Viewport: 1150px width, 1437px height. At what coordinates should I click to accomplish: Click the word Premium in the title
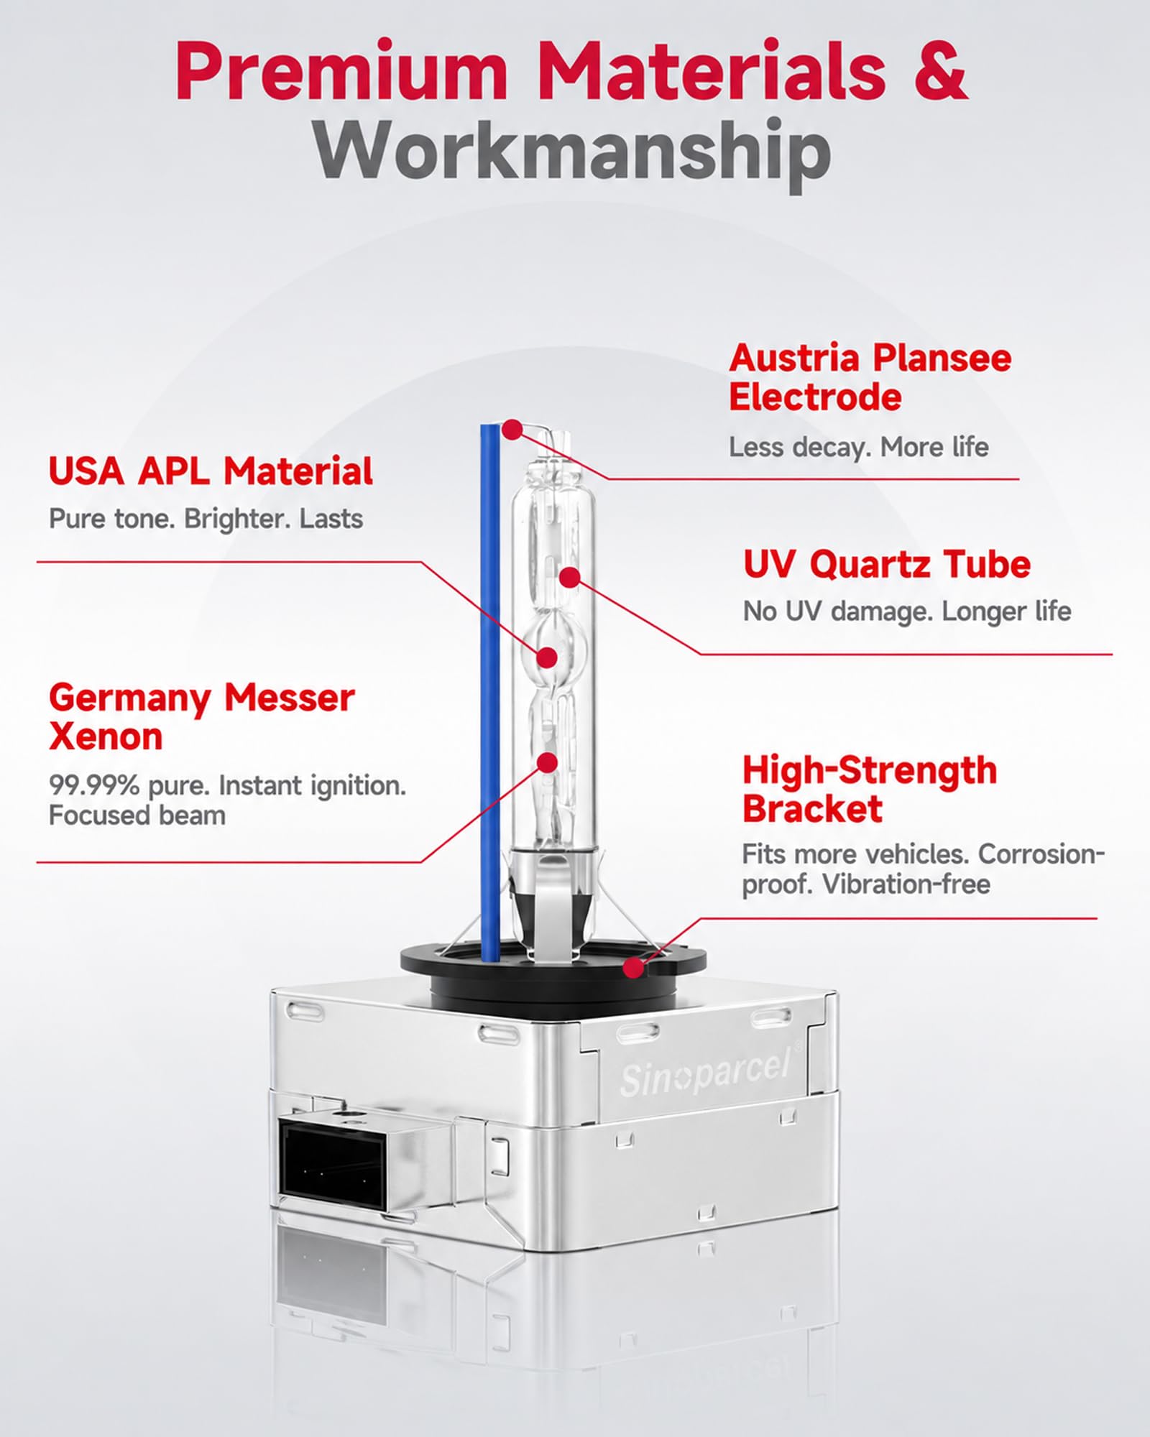point(341,72)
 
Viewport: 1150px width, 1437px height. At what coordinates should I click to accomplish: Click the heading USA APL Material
point(211,471)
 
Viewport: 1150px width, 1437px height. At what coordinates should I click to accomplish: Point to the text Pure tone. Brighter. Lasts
point(206,519)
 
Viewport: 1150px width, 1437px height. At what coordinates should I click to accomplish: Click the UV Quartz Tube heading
point(886,565)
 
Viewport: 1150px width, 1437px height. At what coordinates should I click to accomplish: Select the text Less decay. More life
point(859,447)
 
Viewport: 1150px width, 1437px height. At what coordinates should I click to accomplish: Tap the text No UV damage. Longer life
point(907,611)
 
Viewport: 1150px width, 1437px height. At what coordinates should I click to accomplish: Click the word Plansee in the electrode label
point(943,359)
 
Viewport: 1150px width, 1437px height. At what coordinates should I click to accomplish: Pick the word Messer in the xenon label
point(289,698)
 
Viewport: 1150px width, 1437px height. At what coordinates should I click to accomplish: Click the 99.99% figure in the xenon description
point(94,785)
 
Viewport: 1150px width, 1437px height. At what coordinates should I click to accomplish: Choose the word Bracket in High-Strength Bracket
point(812,809)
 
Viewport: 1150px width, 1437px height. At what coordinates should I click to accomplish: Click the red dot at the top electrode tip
point(512,430)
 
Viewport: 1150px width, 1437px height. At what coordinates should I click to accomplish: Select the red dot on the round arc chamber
point(548,657)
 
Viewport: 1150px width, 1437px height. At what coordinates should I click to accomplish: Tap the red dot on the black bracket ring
point(633,968)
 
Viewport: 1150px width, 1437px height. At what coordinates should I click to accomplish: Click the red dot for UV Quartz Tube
point(569,577)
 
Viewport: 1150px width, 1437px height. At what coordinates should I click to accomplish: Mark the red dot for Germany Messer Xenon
point(548,763)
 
